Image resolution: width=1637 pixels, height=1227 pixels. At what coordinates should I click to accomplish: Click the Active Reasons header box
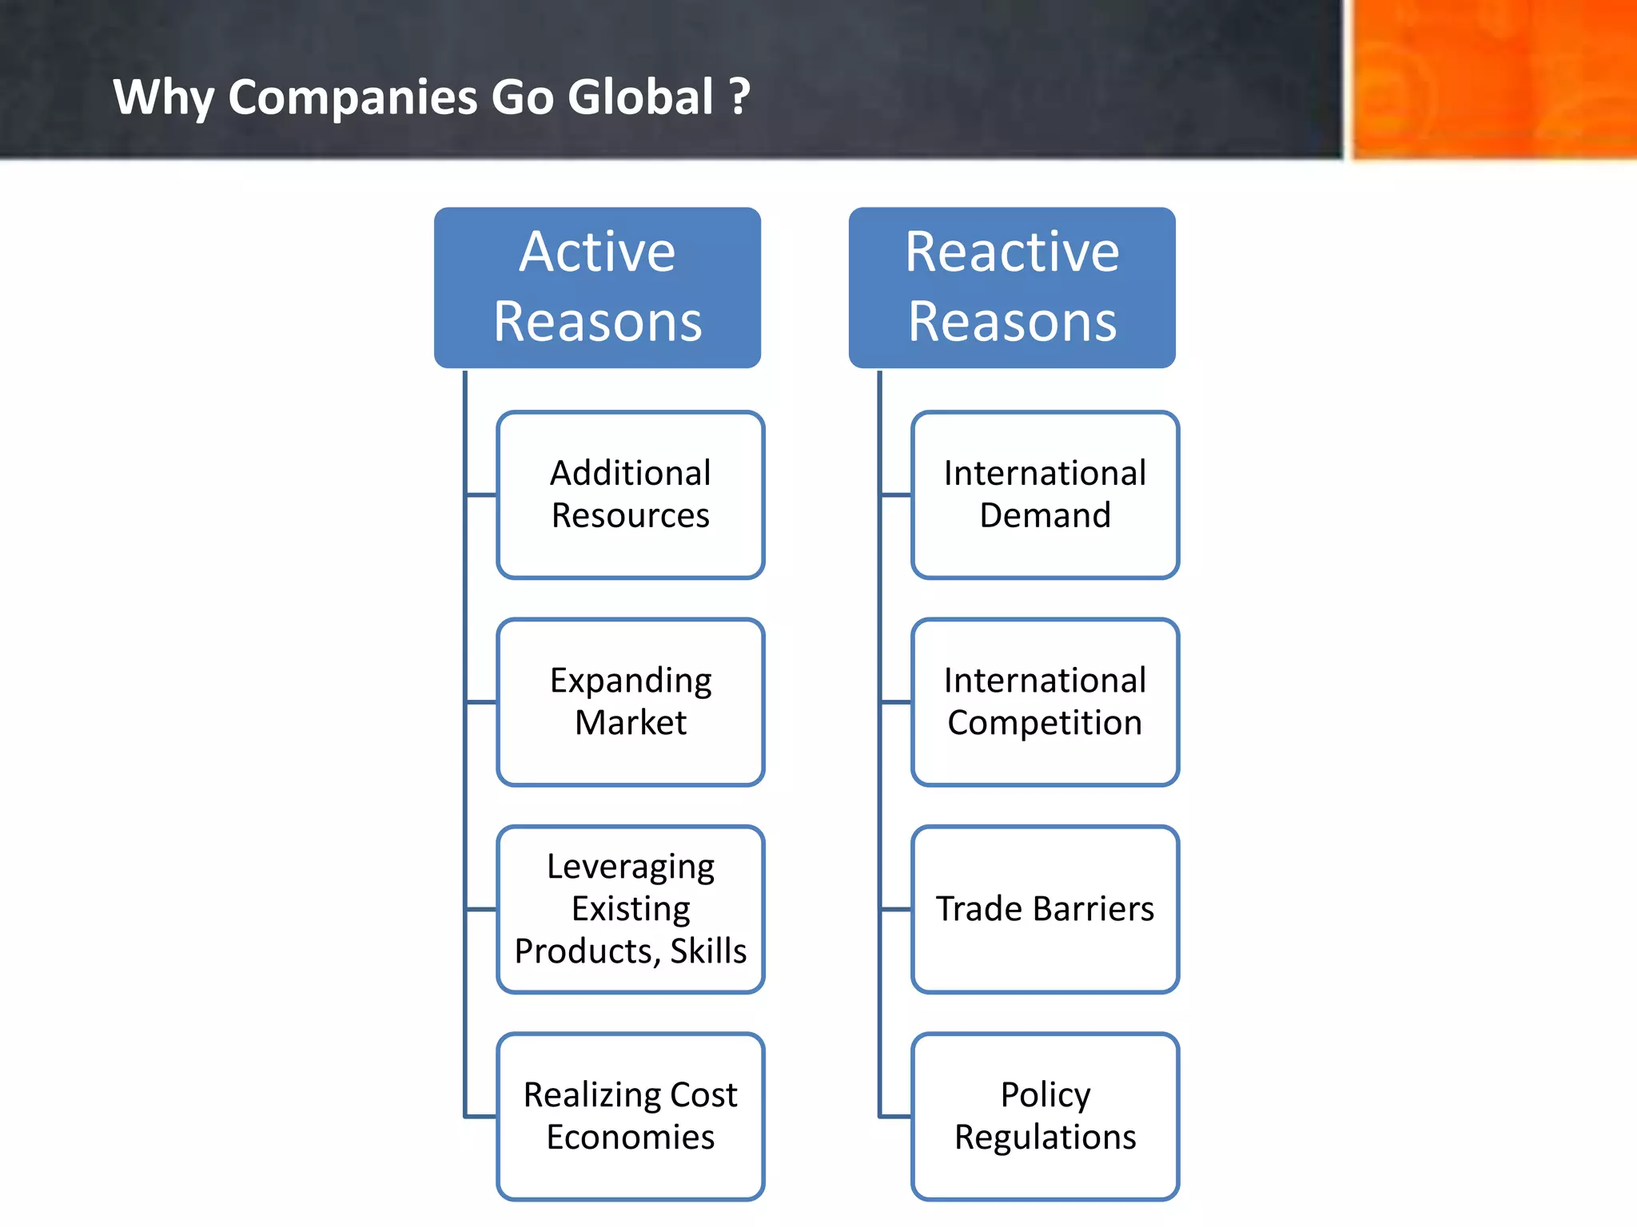coord(597,288)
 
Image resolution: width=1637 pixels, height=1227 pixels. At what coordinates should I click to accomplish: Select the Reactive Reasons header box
coord(1012,288)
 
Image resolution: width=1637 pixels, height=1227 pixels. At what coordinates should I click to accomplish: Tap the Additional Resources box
coord(631,494)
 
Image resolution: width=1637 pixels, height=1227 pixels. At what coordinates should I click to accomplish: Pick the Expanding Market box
coord(631,701)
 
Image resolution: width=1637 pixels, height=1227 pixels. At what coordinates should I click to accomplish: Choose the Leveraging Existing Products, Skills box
coord(631,909)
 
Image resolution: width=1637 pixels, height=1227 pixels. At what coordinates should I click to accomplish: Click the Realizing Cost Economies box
coord(631,1116)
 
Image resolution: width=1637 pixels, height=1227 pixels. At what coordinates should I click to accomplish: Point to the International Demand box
coord(1045,494)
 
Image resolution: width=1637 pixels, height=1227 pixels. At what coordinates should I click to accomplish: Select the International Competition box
coord(1045,701)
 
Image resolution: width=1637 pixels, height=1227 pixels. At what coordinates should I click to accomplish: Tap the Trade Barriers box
coord(1045,909)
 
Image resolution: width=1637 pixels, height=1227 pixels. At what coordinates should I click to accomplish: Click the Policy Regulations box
coord(1045,1116)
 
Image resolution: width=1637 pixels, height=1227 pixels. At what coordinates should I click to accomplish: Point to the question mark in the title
coord(740,97)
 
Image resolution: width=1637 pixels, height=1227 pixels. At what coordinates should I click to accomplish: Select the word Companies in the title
coord(352,97)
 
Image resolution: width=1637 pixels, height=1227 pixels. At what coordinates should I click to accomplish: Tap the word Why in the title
coord(163,97)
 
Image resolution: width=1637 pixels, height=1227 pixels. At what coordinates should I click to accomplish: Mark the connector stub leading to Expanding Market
coord(481,702)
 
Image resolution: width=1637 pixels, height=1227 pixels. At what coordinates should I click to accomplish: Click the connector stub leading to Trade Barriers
coord(896,909)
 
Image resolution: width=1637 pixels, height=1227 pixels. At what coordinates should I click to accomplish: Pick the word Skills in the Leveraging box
coord(708,951)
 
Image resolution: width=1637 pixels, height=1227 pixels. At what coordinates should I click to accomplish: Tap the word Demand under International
coord(1045,515)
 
